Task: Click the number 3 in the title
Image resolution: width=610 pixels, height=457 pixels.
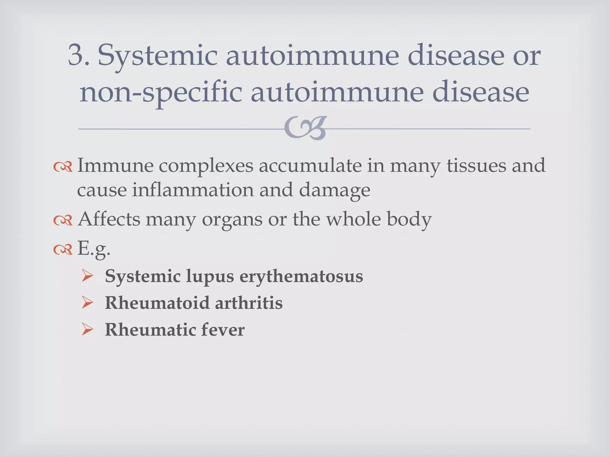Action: pyautogui.click(x=75, y=55)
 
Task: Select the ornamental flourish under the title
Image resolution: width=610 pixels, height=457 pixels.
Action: pyautogui.click(x=305, y=128)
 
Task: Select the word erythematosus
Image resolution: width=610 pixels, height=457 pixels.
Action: pyautogui.click(x=301, y=276)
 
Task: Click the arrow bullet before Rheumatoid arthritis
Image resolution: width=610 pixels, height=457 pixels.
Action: pyautogui.click(x=87, y=303)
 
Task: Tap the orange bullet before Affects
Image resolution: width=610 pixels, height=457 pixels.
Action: pyautogui.click(x=63, y=220)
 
